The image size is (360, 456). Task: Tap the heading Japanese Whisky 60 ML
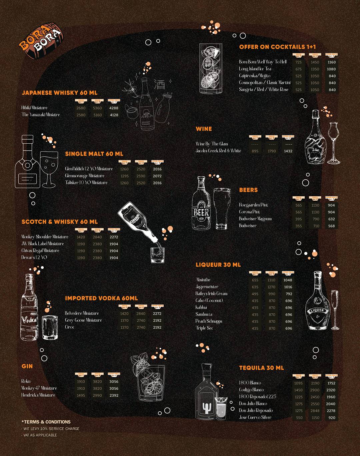click(x=59, y=93)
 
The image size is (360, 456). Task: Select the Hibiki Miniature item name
click(x=34, y=108)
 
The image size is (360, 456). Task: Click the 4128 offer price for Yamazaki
click(x=114, y=115)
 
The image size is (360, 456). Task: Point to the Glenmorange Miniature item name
click(x=85, y=176)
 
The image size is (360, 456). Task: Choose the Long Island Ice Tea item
click(x=255, y=69)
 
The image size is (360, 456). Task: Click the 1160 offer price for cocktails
click(x=331, y=62)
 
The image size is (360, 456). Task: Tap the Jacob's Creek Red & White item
click(x=218, y=151)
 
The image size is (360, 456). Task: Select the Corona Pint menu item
click(x=249, y=212)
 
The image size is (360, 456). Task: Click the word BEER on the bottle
click(x=201, y=212)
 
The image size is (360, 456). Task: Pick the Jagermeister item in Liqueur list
click(x=207, y=287)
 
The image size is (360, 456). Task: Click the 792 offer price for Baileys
click(x=289, y=294)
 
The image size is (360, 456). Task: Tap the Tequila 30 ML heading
click(x=261, y=368)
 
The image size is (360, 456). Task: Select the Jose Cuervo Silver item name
click(x=255, y=417)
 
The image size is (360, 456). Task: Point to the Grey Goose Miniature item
click(x=83, y=320)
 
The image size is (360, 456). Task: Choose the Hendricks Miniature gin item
click(x=38, y=395)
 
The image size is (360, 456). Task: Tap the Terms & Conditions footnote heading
click(x=46, y=422)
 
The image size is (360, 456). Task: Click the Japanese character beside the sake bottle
click(x=159, y=84)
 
